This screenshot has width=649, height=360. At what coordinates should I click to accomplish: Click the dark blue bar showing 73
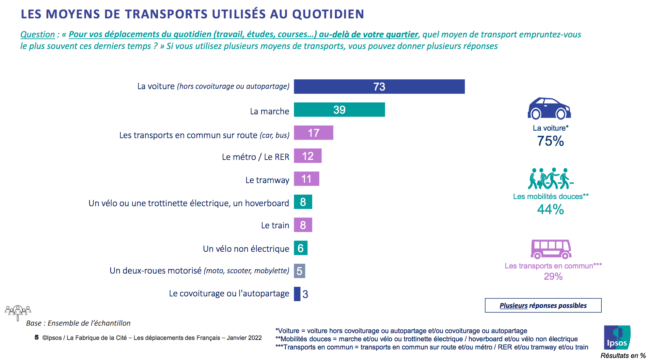[379, 86]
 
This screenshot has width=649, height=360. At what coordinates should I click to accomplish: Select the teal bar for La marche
[339, 110]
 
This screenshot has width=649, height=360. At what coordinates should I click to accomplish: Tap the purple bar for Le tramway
[306, 179]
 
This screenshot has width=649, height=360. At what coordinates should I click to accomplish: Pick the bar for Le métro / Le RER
[307, 156]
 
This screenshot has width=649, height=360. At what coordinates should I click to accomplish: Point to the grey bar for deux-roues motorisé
[299, 271]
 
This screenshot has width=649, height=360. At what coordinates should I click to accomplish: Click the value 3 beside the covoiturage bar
[305, 294]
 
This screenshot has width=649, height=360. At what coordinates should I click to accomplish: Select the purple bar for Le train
[303, 225]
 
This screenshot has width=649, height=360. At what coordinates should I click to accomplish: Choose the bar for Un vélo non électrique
[301, 248]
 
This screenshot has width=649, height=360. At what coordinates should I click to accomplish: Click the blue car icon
[549, 109]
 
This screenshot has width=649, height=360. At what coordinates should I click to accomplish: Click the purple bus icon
[551, 249]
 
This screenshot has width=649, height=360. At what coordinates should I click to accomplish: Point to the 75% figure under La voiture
[550, 141]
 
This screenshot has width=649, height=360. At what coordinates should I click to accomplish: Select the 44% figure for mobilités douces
[550, 209]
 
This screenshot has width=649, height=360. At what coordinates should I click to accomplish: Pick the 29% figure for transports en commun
[553, 276]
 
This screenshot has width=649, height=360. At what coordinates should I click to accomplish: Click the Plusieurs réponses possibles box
[543, 305]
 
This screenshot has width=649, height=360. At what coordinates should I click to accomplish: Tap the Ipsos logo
[617, 337]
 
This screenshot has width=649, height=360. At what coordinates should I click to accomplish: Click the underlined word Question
[37, 35]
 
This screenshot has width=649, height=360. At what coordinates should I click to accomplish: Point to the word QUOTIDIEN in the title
[328, 14]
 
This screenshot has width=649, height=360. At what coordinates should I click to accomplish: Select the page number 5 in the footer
[36, 337]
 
